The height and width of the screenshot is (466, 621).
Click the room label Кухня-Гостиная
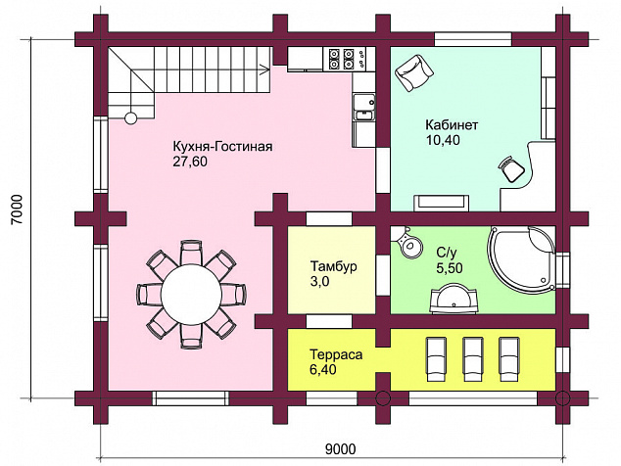click(x=222, y=147)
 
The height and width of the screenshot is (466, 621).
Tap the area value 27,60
click(x=190, y=162)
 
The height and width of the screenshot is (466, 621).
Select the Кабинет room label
click(x=452, y=124)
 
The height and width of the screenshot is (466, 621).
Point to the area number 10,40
click(x=443, y=140)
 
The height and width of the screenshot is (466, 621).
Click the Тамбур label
click(x=333, y=266)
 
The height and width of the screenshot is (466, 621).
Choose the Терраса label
click(x=336, y=354)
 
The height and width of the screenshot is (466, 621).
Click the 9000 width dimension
click(x=341, y=449)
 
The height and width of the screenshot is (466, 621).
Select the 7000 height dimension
click(x=18, y=210)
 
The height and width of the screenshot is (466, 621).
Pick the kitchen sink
click(x=364, y=107)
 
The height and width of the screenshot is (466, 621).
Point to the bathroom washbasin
click(x=454, y=299)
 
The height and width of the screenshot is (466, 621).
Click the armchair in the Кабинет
click(x=414, y=72)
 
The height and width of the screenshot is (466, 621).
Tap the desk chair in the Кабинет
click(x=511, y=169)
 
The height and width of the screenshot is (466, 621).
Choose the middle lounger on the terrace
click(x=473, y=359)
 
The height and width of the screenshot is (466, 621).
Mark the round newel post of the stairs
click(x=130, y=118)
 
